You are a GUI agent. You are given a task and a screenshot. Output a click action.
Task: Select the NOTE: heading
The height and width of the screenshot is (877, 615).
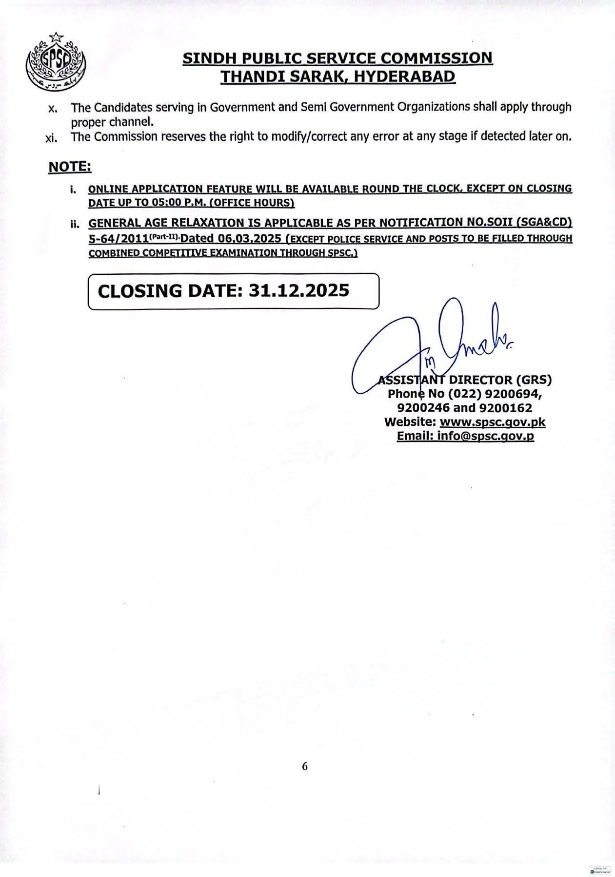pos(70,167)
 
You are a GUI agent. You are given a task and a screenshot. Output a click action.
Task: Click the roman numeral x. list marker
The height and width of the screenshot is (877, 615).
pos(53,108)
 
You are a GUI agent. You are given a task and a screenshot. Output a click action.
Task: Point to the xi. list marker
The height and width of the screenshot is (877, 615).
pos(51,138)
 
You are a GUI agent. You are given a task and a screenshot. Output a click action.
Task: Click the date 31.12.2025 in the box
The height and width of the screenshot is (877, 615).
pos(298,291)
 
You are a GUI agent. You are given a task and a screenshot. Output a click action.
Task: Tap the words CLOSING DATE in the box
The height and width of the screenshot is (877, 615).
pos(167,291)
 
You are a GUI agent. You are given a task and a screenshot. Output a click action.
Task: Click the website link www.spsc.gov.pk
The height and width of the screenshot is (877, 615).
pos(492,422)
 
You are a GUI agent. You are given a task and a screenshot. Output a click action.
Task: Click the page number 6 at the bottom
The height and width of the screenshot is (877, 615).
pos(305,766)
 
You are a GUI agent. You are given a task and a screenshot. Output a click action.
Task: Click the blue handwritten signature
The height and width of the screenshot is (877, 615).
pos(429,346)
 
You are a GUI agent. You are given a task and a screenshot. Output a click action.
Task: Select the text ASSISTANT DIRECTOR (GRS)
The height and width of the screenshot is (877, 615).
pos(465,380)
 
